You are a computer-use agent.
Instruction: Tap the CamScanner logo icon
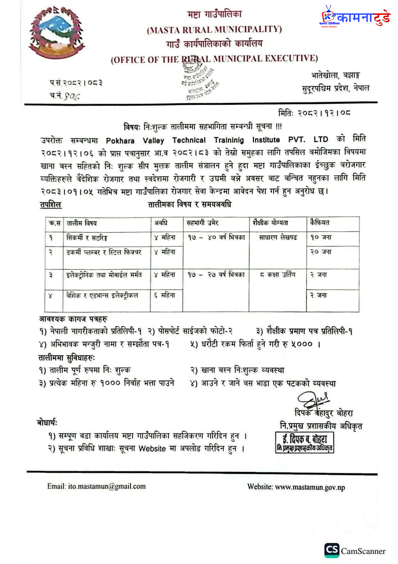[x=332, y=550]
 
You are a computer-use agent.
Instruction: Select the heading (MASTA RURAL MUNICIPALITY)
[x=215, y=29]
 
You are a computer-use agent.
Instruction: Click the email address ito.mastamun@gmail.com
[x=106, y=486]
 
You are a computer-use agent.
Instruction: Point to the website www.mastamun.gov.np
[x=310, y=487]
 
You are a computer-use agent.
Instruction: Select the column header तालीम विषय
[x=82, y=223]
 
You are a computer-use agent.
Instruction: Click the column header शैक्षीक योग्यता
[x=271, y=223]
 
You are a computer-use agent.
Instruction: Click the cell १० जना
[x=321, y=238]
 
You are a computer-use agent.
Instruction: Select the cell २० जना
[x=321, y=252]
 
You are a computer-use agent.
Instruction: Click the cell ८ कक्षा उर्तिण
[x=277, y=275]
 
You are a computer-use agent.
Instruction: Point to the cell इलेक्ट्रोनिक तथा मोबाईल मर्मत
[x=104, y=275]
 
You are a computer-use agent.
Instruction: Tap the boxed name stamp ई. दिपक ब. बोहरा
[x=305, y=442]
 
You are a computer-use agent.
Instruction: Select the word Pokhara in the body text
[x=120, y=141]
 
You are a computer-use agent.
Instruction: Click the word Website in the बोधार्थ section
[x=152, y=448]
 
